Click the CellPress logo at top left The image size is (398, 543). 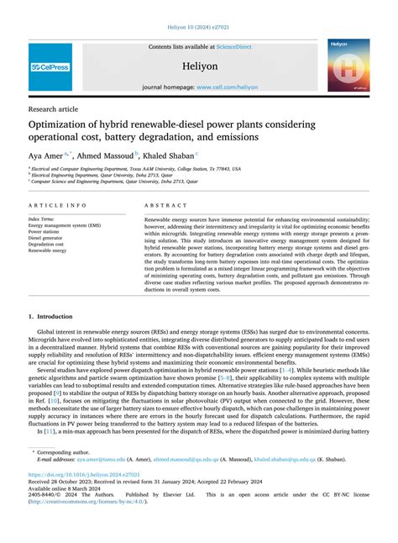pos(50,66)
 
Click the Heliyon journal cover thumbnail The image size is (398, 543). pos(348,65)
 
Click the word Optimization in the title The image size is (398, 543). pos(69,125)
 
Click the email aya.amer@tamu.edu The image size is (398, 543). pos(101,460)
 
